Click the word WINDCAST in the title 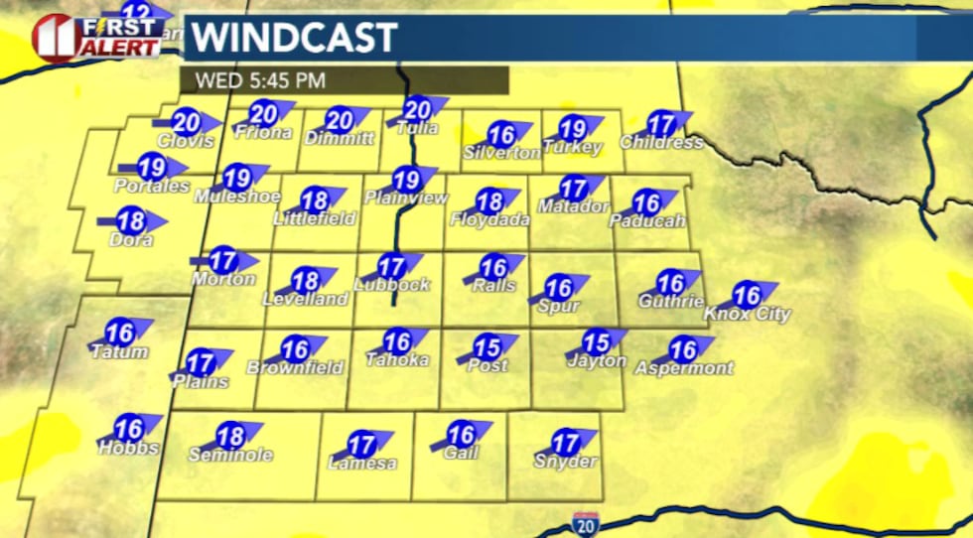(295, 38)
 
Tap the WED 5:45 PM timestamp (260, 80)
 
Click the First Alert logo (97, 36)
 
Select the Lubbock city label (391, 285)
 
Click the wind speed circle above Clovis (186, 122)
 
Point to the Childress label (661, 142)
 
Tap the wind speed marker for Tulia (418, 110)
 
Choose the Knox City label (747, 315)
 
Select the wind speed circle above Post (486, 348)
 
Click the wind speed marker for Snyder (566, 443)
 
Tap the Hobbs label (128, 448)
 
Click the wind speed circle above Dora (131, 220)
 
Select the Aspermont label (683, 368)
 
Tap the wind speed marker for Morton (224, 261)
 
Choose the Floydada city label (489, 219)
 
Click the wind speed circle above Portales (152, 167)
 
